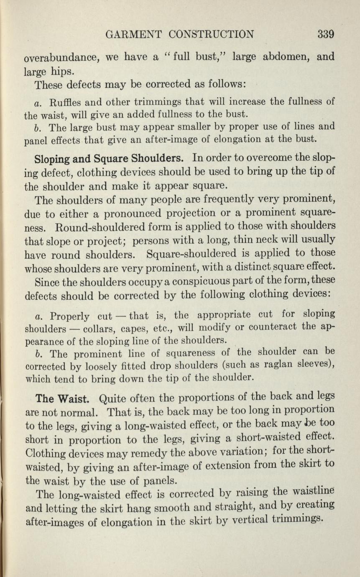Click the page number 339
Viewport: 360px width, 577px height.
point(325,34)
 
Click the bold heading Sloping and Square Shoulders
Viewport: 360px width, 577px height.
point(110,159)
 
